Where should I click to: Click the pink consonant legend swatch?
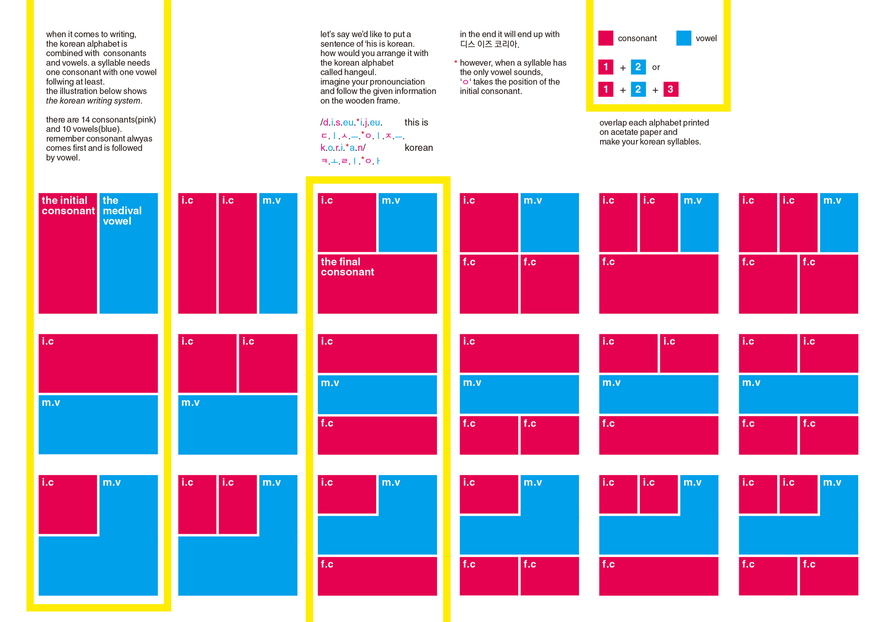tap(605, 38)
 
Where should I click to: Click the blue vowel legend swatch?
tap(683, 38)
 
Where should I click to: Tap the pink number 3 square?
tap(670, 89)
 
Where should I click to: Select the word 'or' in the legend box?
tap(656, 67)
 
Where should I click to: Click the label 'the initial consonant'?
tap(68, 205)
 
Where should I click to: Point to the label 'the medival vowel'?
tap(122, 211)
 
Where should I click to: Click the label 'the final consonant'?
tap(347, 267)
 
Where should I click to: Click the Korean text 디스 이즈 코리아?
tap(489, 44)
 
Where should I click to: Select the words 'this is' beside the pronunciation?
tap(416, 122)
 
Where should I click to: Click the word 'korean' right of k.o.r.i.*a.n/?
tap(419, 148)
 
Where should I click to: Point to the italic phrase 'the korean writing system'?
tap(94, 101)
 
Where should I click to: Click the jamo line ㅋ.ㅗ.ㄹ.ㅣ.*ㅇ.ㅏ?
tap(351, 161)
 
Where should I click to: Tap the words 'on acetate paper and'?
tap(638, 132)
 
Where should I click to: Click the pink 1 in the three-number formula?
tap(606, 89)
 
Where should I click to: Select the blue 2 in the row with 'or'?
tap(638, 67)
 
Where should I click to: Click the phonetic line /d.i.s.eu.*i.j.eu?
tap(351, 122)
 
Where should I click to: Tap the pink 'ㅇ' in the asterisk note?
tap(465, 82)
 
